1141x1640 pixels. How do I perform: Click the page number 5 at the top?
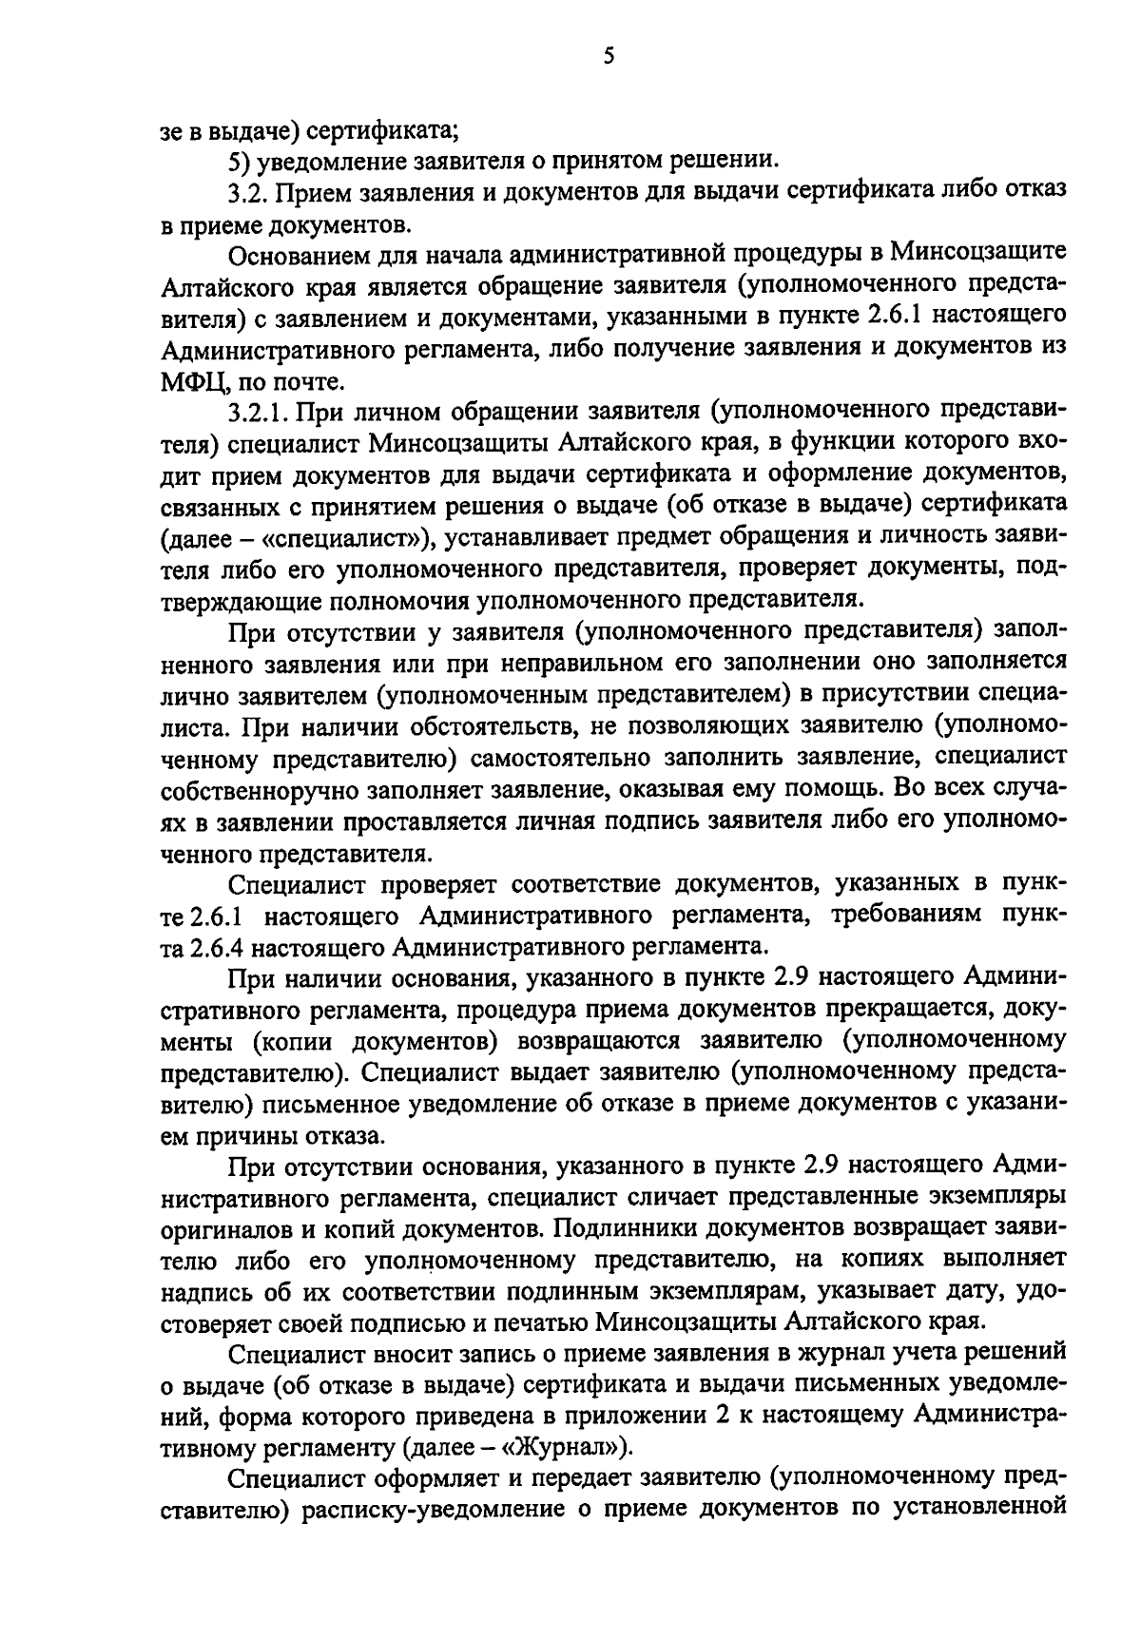click(x=609, y=56)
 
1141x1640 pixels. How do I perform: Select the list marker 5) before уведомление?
click(x=240, y=159)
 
